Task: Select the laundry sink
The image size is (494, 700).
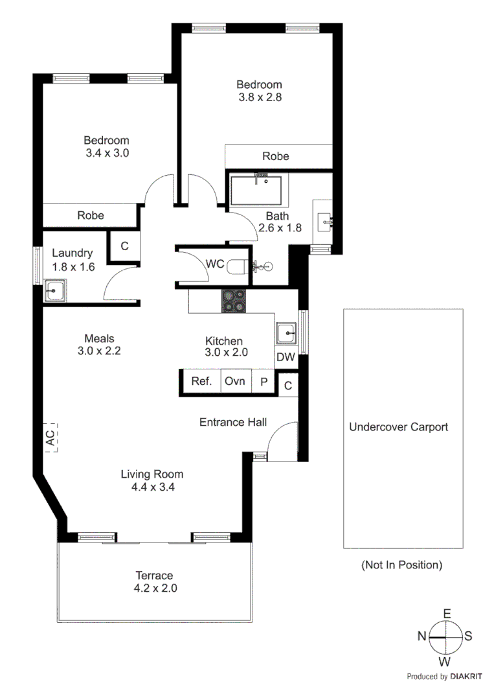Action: click(54, 291)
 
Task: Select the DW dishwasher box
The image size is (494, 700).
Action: click(286, 357)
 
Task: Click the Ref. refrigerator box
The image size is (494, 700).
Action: click(201, 382)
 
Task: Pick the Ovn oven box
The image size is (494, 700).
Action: click(235, 382)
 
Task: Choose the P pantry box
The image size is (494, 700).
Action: click(264, 382)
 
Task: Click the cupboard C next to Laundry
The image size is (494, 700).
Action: click(124, 246)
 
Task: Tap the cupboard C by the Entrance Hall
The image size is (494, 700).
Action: click(288, 385)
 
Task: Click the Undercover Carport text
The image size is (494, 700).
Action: click(398, 427)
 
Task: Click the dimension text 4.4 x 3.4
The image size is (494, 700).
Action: click(152, 487)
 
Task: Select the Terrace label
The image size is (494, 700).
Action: click(154, 576)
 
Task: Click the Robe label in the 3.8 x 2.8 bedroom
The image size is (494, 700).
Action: click(275, 156)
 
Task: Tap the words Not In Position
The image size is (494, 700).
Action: click(401, 565)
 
